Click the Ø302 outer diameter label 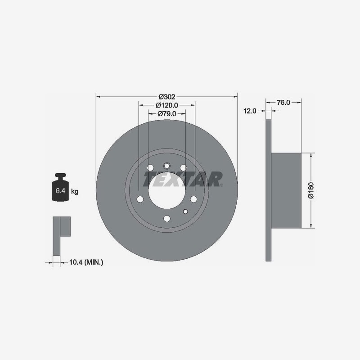[x=167, y=97]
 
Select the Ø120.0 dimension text [x=167, y=105]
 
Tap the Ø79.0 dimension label [x=167, y=114]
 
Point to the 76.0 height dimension [x=283, y=103]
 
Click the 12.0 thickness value [x=250, y=111]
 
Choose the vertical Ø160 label [x=310, y=190]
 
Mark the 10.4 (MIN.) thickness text [x=86, y=262]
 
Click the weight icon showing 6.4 [x=61, y=187]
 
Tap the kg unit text [x=75, y=191]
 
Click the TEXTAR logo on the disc [x=183, y=179]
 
